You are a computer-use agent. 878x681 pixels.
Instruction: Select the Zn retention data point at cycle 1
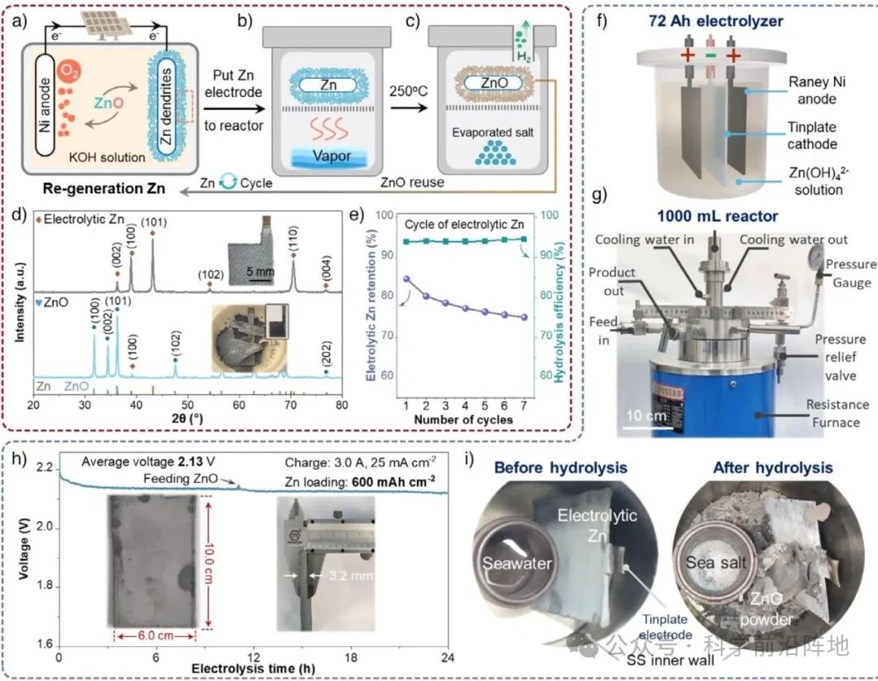pyautogui.click(x=405, y=279)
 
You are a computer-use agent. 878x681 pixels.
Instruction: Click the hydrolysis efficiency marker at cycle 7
pyautogui.click(x=523, y=239)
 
